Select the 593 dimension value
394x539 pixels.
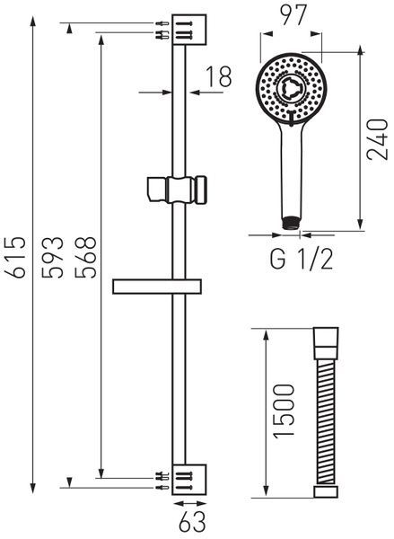tap(53, 257)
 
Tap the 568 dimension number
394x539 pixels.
tap(86, 257)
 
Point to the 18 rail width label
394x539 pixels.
tap(219, 76)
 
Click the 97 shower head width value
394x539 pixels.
tap(293, 15)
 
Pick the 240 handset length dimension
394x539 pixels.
tap(377, 139)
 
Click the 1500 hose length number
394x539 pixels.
tap(285, 411)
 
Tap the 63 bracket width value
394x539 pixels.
tap(192, 522)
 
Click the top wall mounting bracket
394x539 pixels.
tap(189, 30)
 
